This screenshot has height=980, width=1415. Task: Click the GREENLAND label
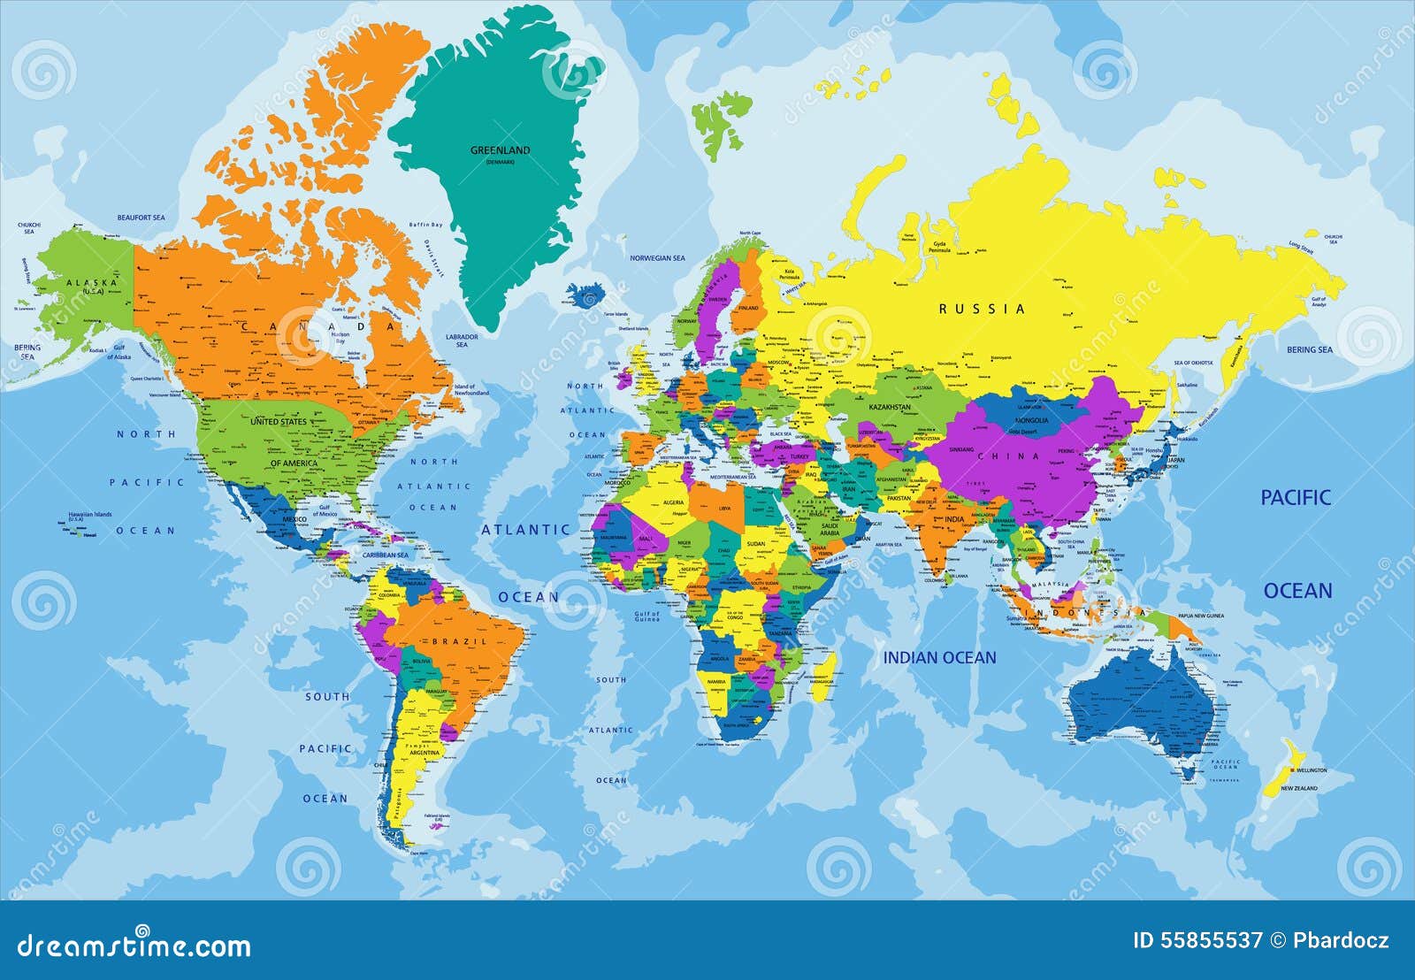500,150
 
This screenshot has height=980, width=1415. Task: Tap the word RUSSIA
983,309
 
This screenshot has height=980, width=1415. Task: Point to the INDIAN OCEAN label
939,658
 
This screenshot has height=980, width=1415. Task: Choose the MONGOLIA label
1031,420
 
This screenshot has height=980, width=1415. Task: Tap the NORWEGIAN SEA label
657,258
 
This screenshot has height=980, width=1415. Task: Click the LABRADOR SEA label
462,341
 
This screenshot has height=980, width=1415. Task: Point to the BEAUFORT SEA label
141,217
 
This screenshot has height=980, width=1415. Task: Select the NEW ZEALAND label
1299,788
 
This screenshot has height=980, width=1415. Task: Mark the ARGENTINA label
424,753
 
